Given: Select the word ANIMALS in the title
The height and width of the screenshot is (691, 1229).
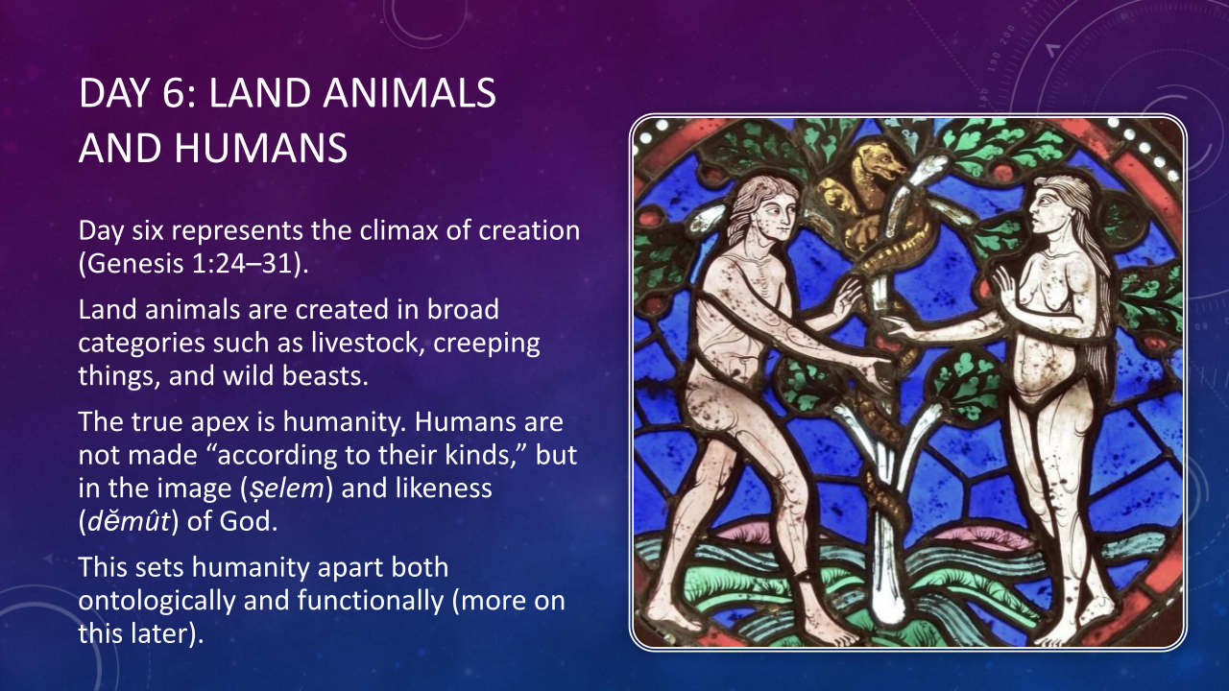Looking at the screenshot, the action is coord(409,93).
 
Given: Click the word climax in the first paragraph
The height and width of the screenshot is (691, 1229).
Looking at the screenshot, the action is coord(398,230).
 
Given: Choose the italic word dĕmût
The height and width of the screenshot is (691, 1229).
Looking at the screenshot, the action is coord(129,521).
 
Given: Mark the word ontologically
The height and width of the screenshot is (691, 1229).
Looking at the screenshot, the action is coord(157,601).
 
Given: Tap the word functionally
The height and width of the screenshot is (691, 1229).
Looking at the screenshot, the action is coord(371,601).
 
